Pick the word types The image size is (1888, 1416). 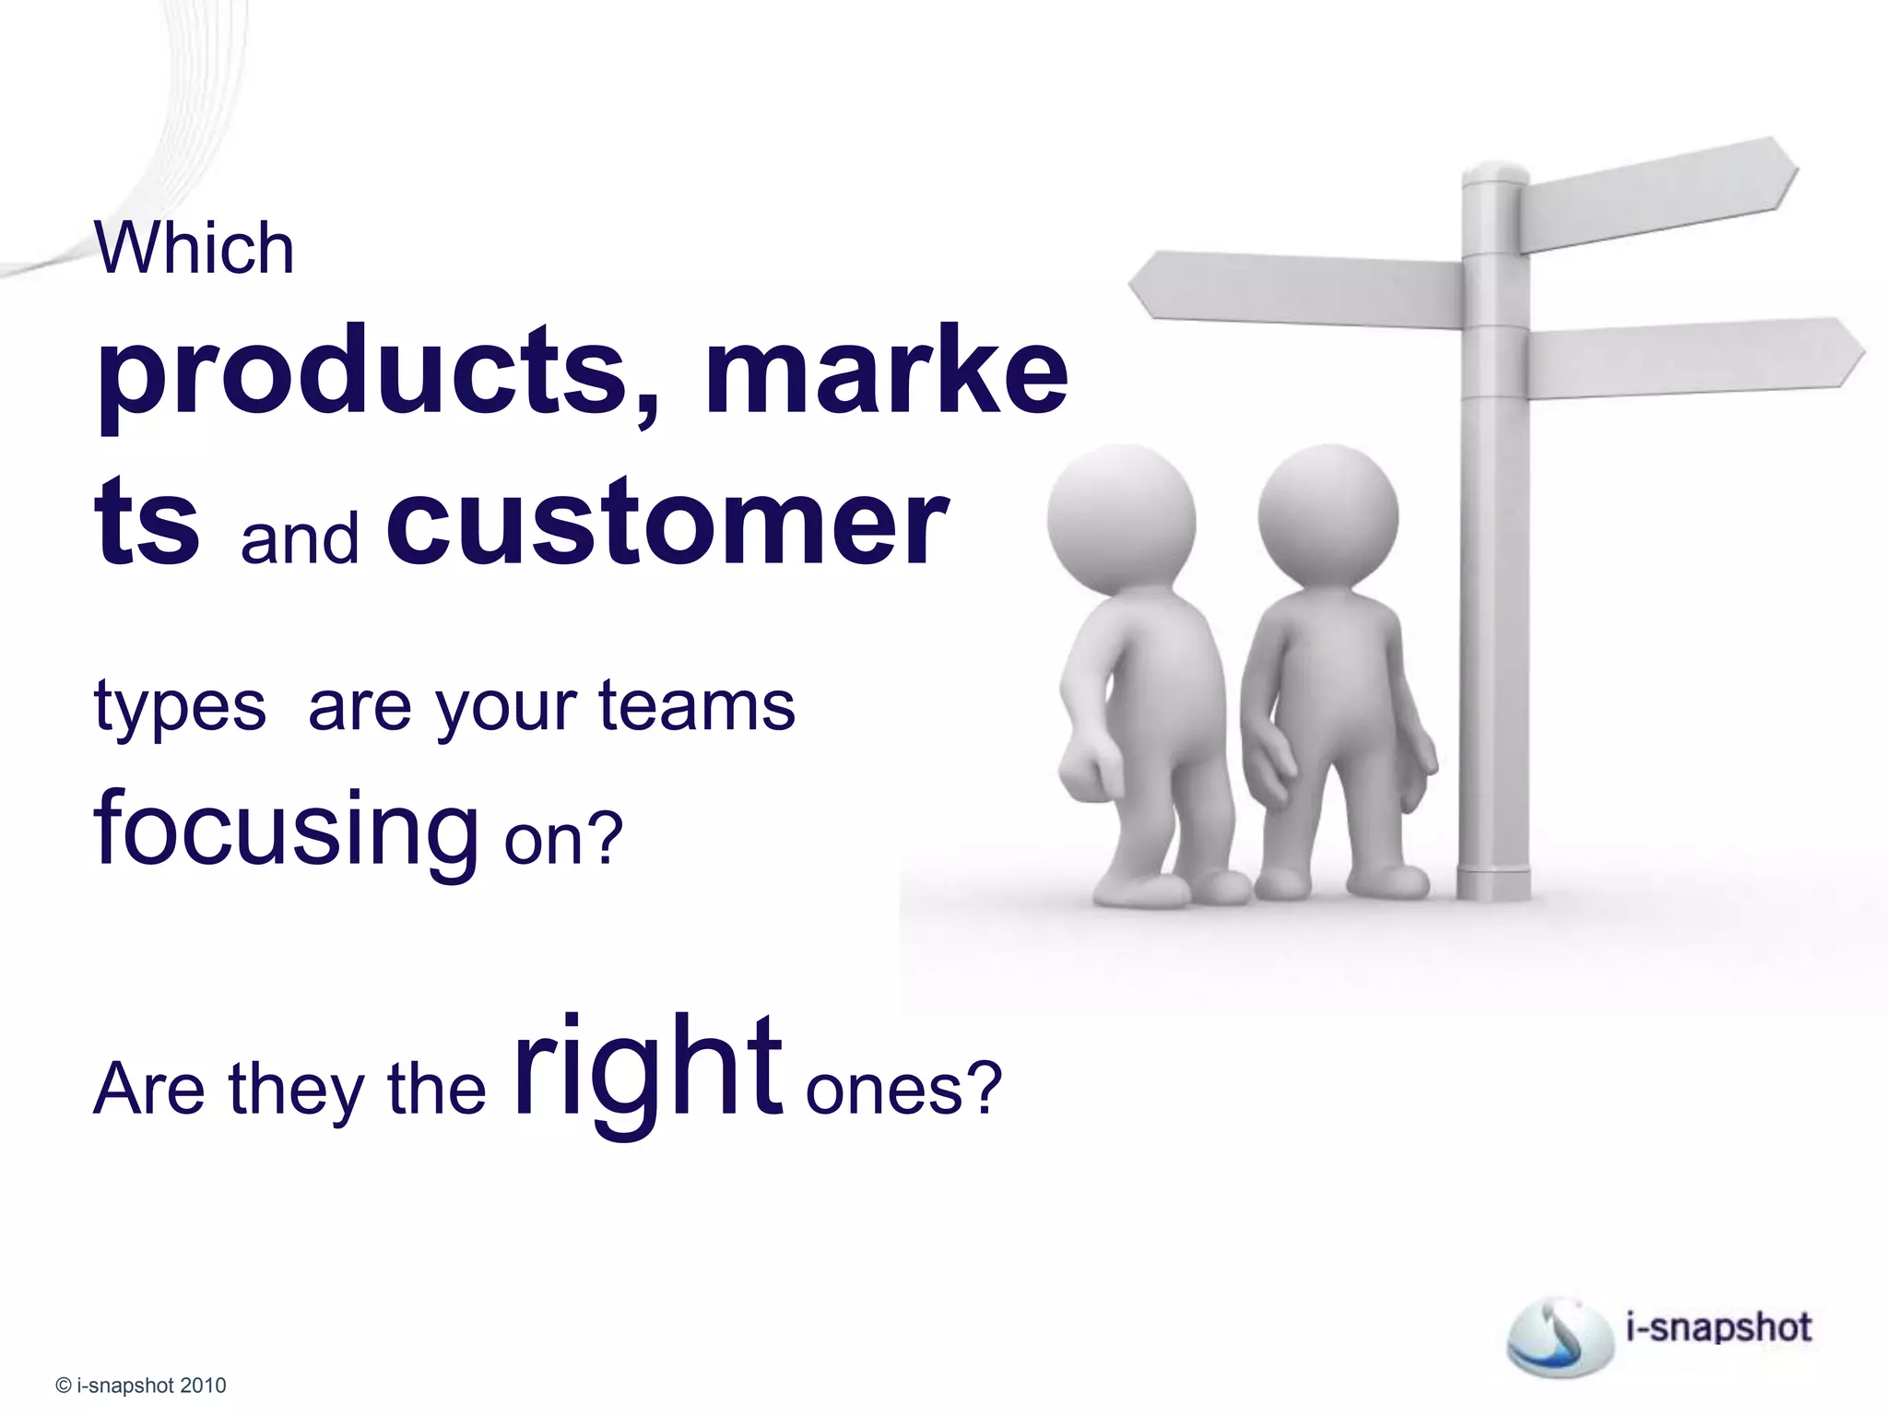(180, 708)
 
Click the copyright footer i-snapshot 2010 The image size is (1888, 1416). (141, 1386)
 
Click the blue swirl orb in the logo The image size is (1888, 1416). (1558, 1333)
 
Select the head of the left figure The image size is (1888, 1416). (1121, 522)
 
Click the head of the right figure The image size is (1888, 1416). (1327, 517)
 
